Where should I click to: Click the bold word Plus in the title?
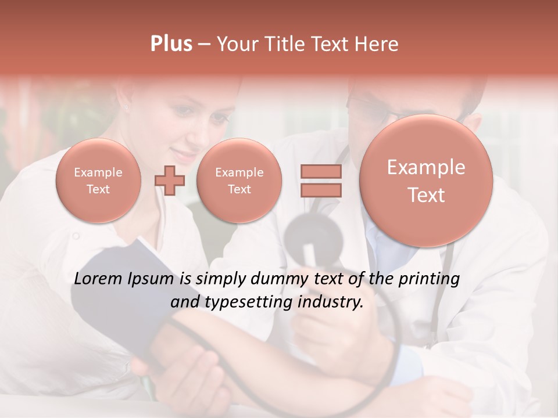coord(171,44)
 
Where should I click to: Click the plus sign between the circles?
coord(169,181)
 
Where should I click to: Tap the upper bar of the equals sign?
coord(321,171)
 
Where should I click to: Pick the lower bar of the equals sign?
coord(321,190)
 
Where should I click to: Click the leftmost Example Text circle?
coord(98,181)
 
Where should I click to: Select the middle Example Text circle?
coord(239,181)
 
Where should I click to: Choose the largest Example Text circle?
coord(426,181)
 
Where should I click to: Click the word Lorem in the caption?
coord(99,279)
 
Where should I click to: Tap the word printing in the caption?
coord(430,279)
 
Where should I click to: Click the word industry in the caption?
coord(330,302)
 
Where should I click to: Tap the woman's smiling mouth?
coord(186,156)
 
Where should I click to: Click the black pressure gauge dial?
coord(314,235)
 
